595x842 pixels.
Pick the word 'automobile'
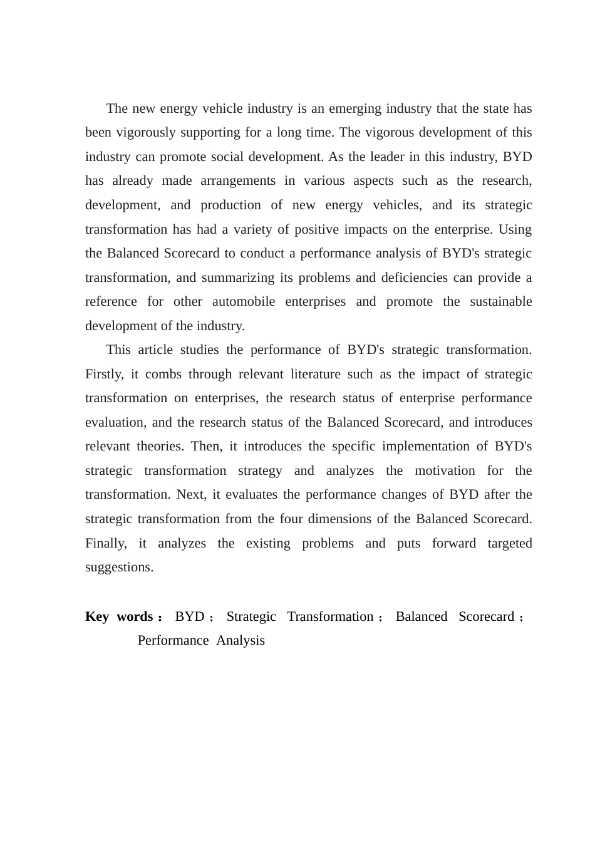click(244, 302)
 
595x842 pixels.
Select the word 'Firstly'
click(103, 375)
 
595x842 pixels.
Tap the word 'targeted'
click(509, 544)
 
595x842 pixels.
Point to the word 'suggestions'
click(119, 568)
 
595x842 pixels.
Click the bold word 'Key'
click(97, 617)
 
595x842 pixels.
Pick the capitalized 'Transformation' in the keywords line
click(330, 617)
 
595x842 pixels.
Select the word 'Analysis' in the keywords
click(241, 641)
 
